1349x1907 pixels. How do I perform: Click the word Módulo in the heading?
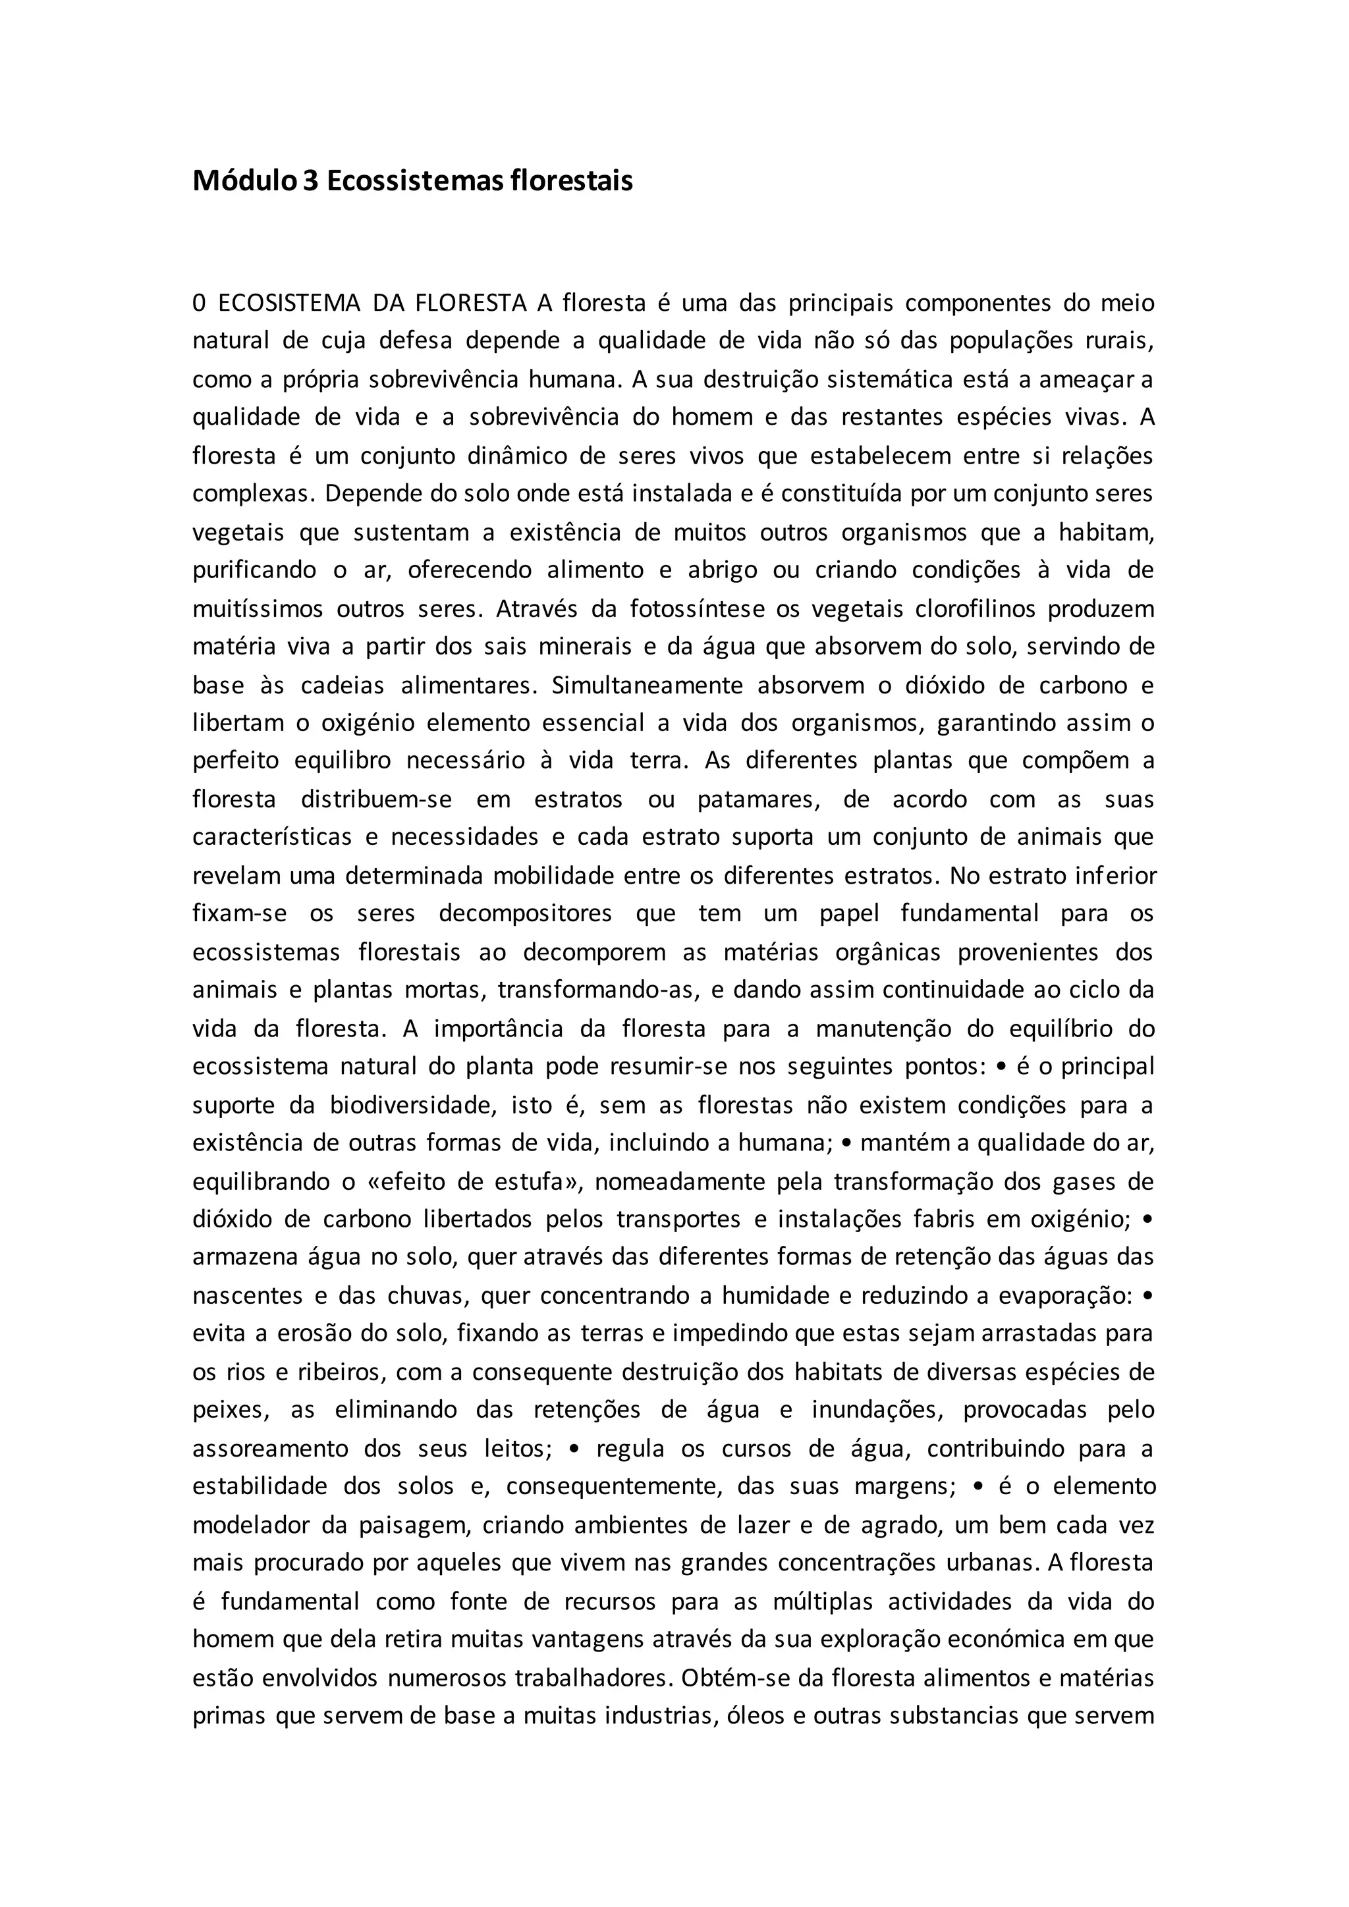(x=244, y=181)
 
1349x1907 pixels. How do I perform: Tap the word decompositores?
(x=525, y=913)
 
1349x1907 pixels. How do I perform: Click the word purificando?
(x=254, y=571)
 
